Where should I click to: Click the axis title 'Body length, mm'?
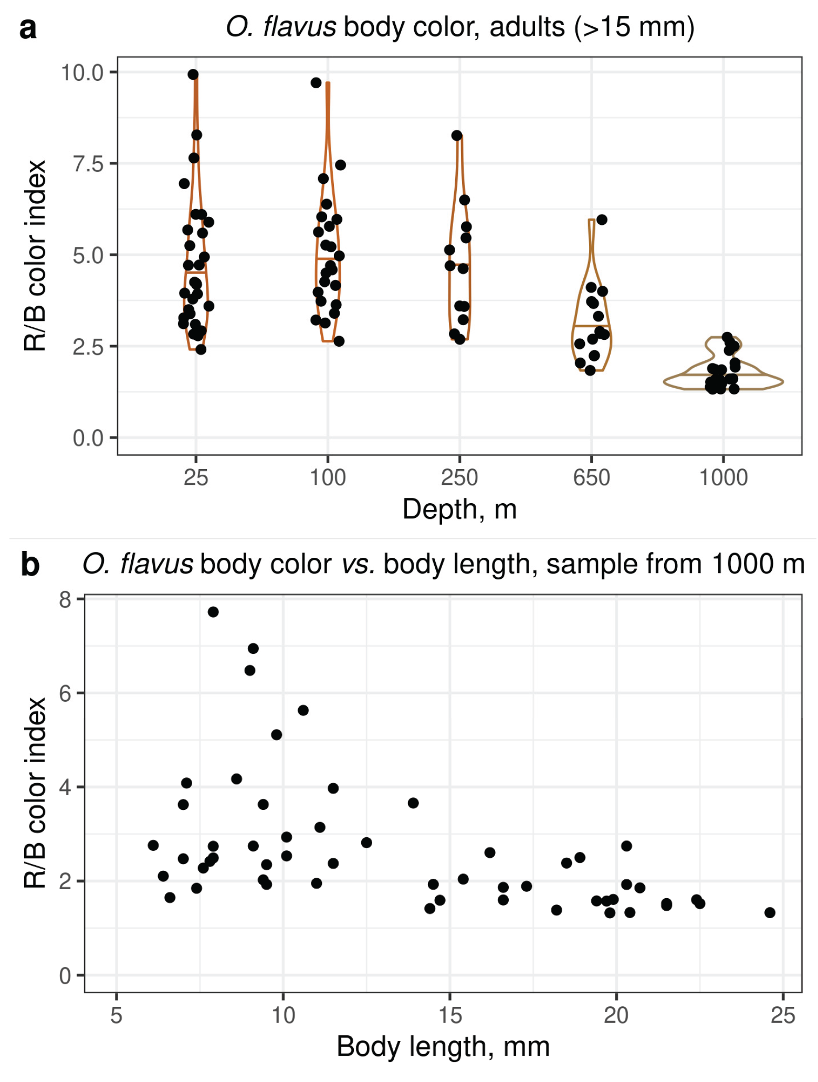point(443,1047)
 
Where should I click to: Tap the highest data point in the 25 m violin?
point(193,75)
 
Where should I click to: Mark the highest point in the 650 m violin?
point(602,220)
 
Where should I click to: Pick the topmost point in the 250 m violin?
point(457,136)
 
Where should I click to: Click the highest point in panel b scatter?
point(213,612)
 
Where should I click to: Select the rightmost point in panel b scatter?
point(770,913)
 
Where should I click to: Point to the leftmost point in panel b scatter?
point(153,845)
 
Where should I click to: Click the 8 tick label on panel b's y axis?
point(65,599)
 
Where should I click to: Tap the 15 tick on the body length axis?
point(450,1016)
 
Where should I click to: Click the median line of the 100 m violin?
point(328,259)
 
